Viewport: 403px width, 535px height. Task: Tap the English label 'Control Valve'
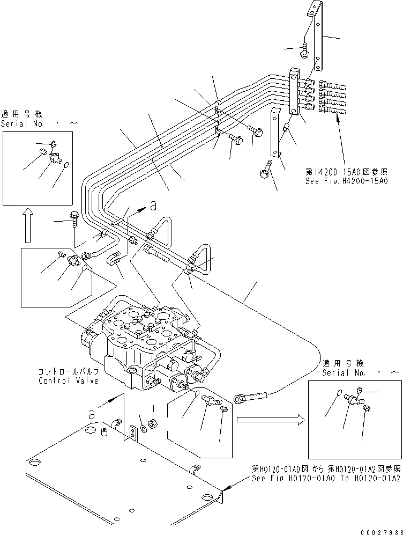(68, 380)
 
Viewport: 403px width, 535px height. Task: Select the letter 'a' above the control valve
(153, 205)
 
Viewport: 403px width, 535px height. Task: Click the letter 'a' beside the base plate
(93, 414)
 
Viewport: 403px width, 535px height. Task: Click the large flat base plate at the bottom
(123, 472)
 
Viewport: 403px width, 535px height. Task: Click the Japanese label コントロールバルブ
(68, 371)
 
